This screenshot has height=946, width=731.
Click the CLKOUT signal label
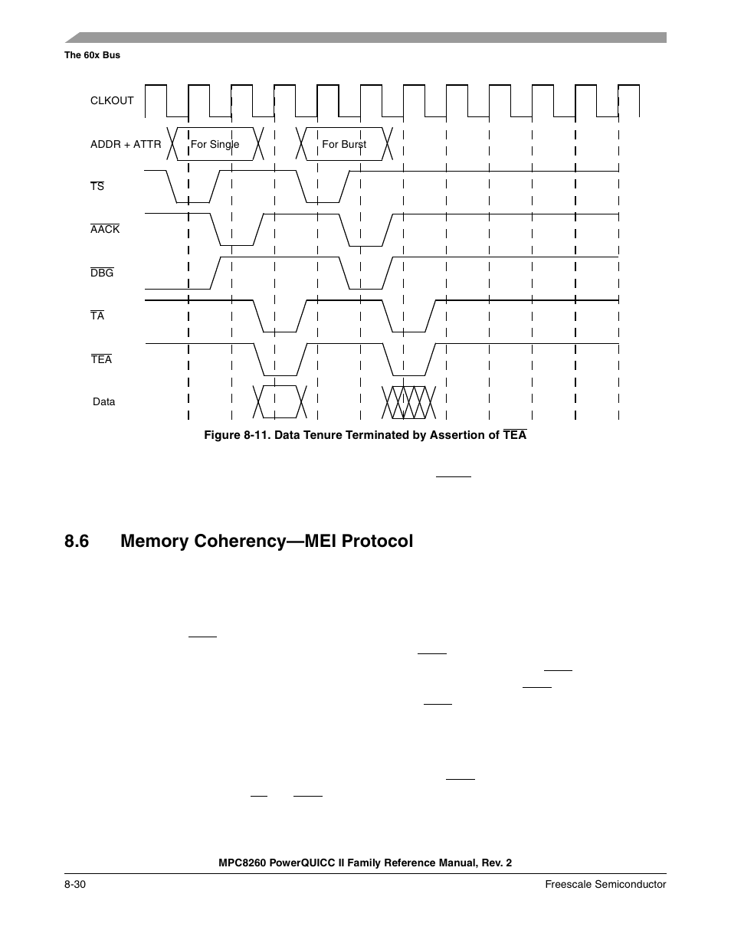[x=112, y=100]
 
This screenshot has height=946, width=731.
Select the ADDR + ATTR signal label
[x=126, y=144]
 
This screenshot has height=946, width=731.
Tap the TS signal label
[x=97, y=187]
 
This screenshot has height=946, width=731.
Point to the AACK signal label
[x=105, y=230]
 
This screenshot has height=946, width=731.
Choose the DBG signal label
[x=102, y=273]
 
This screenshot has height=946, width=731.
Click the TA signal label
[x=97, y=316]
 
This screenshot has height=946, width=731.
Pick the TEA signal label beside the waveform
[x=101, y=359]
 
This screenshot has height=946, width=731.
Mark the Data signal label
[x=104, y=402]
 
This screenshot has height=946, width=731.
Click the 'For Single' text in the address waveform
[x=215, y=144]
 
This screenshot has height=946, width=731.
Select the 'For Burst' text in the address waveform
[x=344, y=144]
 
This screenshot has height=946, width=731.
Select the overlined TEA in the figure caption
[x=515, y=435]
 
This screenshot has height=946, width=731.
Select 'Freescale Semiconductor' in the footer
[x=605, y=885]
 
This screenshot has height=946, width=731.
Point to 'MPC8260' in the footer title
[x=242, y=863]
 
